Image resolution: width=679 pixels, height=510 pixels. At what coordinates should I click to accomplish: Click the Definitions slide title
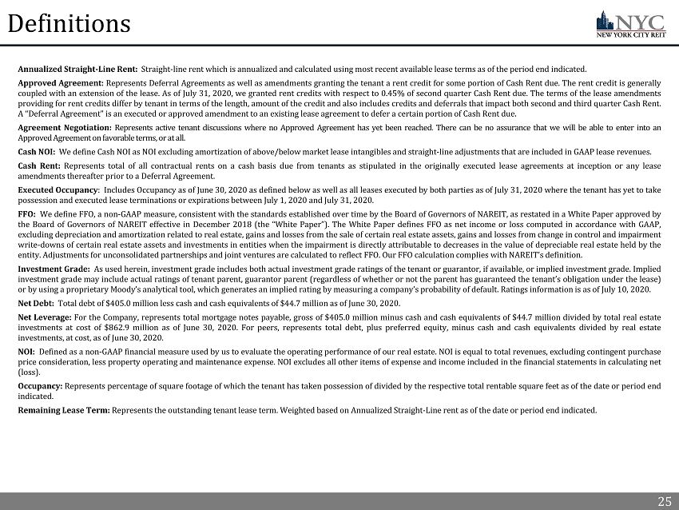[69, 24]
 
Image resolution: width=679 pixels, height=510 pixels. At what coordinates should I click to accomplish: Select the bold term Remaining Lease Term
[63, 410]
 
